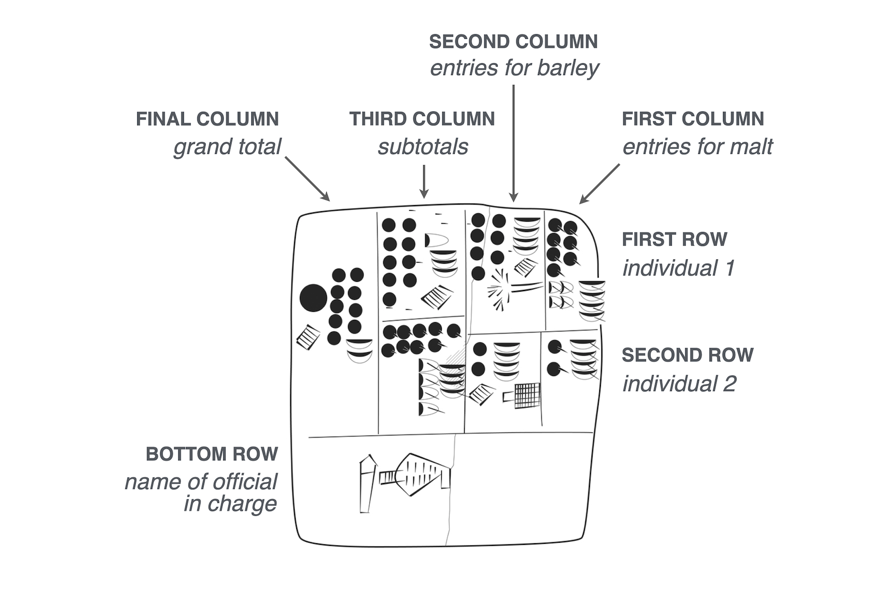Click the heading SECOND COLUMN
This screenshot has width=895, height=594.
pyautogui.click(x=513, y=42)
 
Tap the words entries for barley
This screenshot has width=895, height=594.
pyautogui.click(x=514, y=68)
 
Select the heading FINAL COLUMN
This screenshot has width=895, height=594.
pyautogui.click(x=207, y=119)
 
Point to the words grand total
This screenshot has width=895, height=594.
pyautogui.click(x=227, y=147)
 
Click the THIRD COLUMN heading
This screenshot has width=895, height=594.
pyautogui.click(x=422, y=119)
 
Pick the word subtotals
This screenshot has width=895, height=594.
pyautogui.click(x=423, y=147)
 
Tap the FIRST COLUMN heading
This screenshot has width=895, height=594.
pyautogui.click(x=692, y=119)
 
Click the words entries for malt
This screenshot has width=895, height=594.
pyautogui.click(x=697, y=147)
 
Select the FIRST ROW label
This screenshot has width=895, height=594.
pyautogui.click(x=674, y=239)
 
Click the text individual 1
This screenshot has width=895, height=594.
pyautogui.click(x=678, y=268)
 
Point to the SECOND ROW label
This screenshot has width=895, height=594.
pyautogui.click(x=687, y=355)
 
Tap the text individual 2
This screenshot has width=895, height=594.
pyautogui.click(x=679, y=384)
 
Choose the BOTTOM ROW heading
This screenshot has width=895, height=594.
pyautogui.click(x=211, y=454)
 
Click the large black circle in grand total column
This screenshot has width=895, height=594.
pyautogui.click(x=313, y=298)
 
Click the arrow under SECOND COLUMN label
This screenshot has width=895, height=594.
pyautogui.click(x=513, y=142)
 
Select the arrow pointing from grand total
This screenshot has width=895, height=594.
pyautogui.click(x=307, y=179)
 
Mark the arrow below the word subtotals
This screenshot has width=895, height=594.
pyautogui.click(x=424, y=181)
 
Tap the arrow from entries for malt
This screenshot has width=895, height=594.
pyautogui.click(x=600, y=184)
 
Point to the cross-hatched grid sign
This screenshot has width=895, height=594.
pyautogui.click(x=526, y=396)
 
